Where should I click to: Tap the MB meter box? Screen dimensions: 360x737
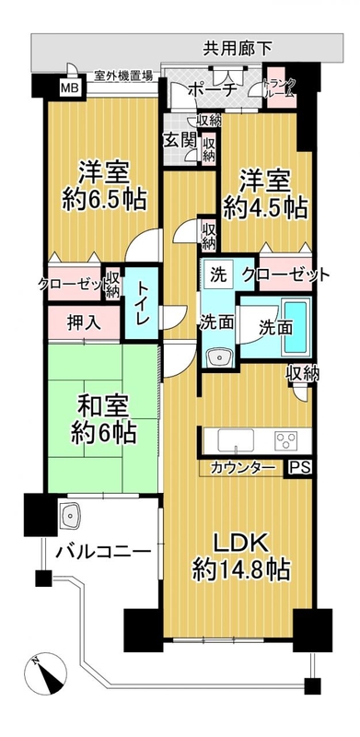(x=71, y=87)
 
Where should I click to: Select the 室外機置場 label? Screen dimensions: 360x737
(x=123, y=75)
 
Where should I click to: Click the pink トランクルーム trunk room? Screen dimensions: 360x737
(x=282, y=86)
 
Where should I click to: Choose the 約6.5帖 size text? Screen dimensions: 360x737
(x=104, y=201)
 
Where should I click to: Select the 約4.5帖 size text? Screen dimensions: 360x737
(x=265, y=207)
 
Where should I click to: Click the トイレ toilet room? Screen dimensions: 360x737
(x=142, y=303)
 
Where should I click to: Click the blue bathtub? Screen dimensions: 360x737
(x=296, y=327)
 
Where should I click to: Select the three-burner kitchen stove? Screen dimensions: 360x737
(x=286, y=441)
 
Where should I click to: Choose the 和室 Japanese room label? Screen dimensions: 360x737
(x=104, y=406)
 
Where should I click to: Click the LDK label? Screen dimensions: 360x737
(x=240, y=544)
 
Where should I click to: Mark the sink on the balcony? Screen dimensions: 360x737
(x=70, y=516)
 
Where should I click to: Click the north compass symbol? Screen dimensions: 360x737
(x=46, y=673)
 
